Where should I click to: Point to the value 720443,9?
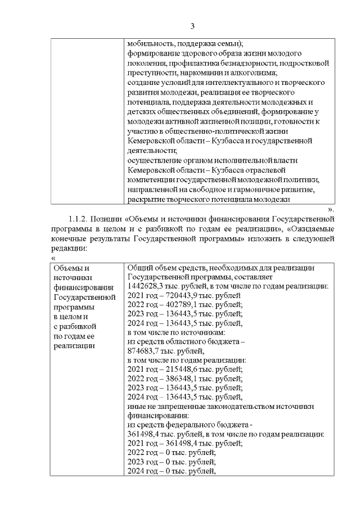(178, 295)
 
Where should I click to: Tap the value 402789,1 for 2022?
(177, 304)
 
